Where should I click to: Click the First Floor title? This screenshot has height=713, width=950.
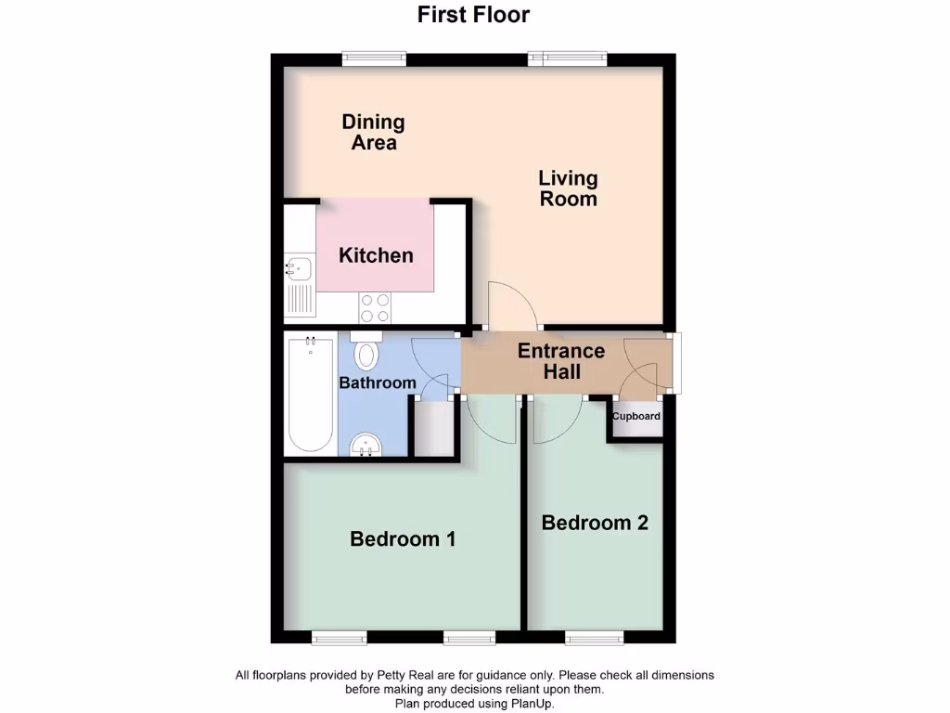tap(473, 15)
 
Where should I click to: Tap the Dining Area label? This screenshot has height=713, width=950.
tap(374, 132)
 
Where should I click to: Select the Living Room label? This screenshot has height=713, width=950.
tap(568, 188)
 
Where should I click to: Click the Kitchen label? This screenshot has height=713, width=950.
tap(376, 255)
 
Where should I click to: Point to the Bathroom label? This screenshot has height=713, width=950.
tap(377, 382)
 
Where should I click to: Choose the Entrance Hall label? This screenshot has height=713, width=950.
tap(561, 361)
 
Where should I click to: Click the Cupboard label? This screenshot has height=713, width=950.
tap(636, 416)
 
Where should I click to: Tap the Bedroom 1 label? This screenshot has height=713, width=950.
tap(403, 538)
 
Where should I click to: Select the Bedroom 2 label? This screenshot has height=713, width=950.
tap(595, 523)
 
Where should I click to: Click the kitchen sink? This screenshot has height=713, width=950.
tap(299, 270)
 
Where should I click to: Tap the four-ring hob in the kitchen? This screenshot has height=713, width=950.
tap(375, 307)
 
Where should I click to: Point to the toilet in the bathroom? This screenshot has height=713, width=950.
tap(367, 352)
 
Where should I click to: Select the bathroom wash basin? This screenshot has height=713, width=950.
tap(366, 447)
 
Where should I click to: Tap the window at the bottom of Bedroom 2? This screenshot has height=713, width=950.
tap(595, 637)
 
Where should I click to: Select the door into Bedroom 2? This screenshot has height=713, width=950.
tap(557, 421)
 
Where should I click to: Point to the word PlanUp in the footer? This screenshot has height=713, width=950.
tap(532, 704)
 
